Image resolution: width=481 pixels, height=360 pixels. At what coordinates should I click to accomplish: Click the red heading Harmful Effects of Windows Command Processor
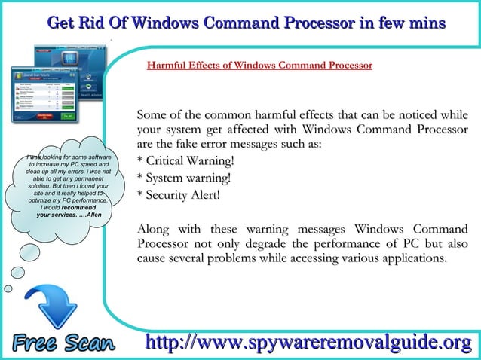[259, 66]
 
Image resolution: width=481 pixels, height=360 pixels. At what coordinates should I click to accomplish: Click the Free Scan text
[63, 343]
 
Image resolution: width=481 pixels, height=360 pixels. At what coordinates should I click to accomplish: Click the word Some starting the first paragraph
[152, 116]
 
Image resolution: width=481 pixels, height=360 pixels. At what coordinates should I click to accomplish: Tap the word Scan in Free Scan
[89, 343]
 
